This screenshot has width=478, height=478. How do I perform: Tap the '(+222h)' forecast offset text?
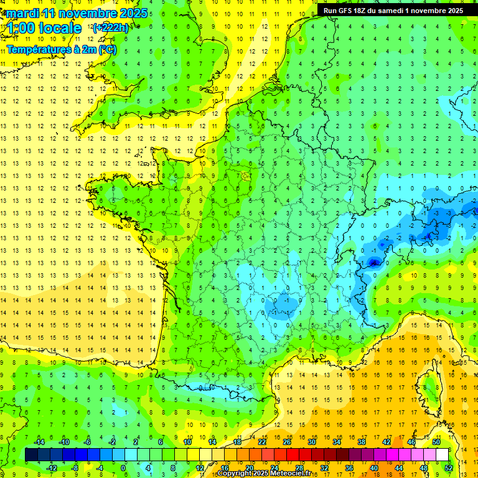coord(111,27)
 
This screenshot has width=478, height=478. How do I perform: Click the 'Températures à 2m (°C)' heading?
coord(62,50)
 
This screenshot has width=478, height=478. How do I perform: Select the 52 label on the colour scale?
coord(448,467)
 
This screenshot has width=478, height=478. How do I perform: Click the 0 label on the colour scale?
coord(123,467)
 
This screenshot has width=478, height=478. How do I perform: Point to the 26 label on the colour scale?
coord(287,442)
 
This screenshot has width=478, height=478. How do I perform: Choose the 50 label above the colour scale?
coord(436,442)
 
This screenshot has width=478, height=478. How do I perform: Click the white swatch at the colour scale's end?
coord(442,455)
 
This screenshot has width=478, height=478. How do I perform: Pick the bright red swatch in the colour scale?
coord(293,455)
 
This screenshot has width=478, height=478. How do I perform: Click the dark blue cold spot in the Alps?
coord(373,263)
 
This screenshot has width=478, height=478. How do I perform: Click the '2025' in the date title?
coord(133,13)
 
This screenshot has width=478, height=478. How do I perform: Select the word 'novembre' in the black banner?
coord(426,11)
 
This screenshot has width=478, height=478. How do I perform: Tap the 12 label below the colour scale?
coord(199,467)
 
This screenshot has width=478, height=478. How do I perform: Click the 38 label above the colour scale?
coord(361,442)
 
